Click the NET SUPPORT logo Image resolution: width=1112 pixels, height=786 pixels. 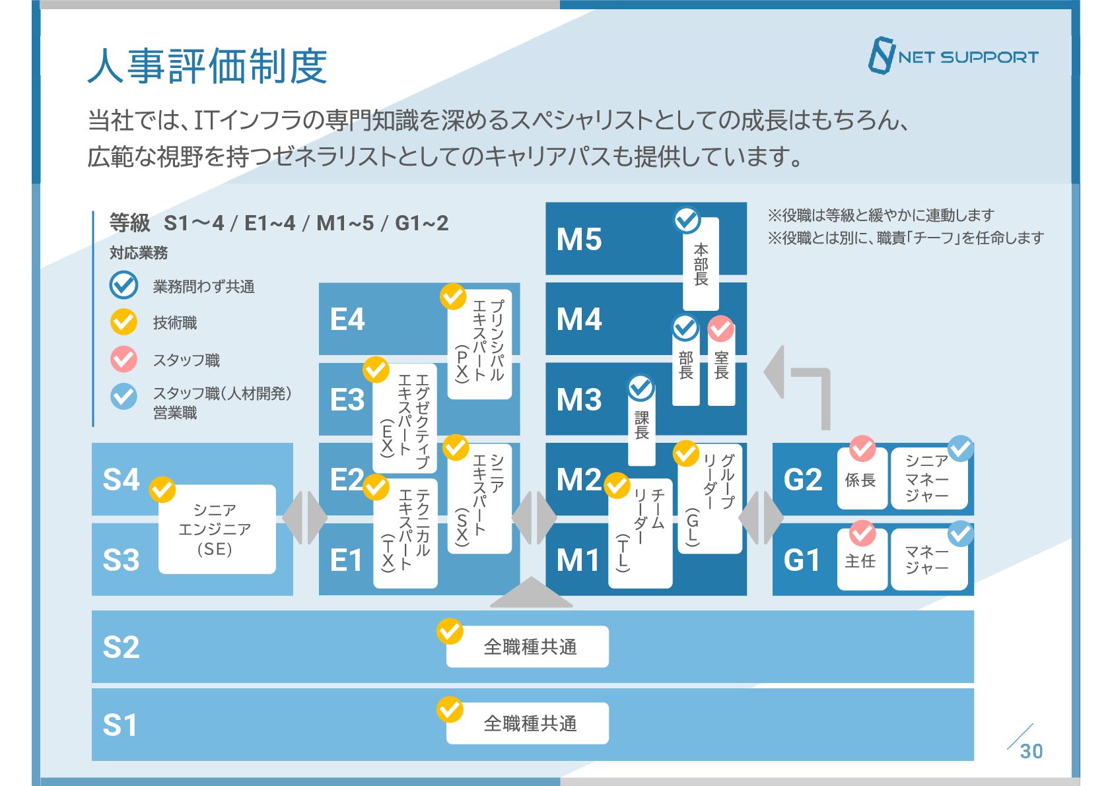(953, 56)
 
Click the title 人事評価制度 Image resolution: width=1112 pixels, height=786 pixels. (207, 66)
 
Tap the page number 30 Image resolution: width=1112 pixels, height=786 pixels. (1031, 751)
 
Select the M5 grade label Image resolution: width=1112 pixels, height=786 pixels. (579, 240)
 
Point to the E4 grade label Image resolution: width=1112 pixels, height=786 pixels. (347, 319)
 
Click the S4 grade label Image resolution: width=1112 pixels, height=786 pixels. (121, 480)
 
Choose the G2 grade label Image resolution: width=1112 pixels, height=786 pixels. (802, 480)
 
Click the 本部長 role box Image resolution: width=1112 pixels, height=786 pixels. (701, 264)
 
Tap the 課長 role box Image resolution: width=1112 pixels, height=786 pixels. (641, 426)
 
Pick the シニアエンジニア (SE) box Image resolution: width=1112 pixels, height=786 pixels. (217, 529)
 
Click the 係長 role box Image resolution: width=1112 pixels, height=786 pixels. (861, 480)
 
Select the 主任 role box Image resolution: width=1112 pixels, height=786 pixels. (861, 560)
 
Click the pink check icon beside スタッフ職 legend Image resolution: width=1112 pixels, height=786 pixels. (123, 360)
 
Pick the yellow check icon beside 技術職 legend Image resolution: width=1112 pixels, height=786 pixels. (123, 322)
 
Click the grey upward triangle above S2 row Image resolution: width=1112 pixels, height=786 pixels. (531, 593)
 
